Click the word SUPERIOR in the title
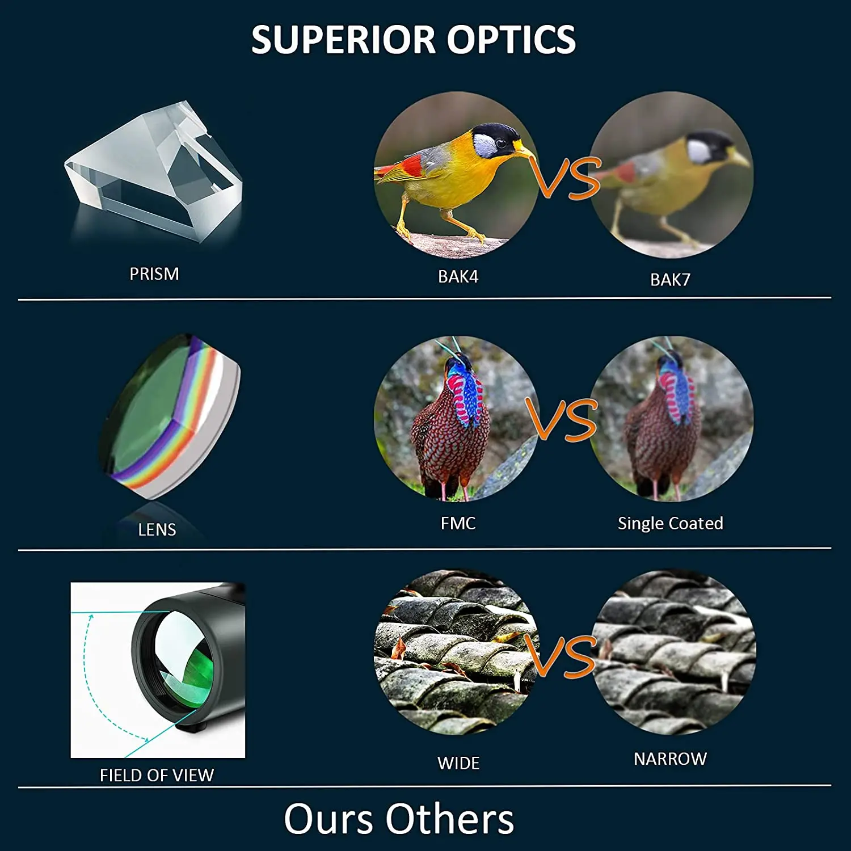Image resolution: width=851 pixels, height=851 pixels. (344, 40)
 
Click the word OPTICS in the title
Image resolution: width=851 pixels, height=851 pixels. (511, 40)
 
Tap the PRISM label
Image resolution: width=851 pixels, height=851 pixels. (154, 274)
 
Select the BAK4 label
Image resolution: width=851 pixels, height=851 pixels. (458, 276)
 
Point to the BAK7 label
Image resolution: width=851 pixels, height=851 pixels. (670, 280)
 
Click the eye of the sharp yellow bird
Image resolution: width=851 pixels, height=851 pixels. (502, 143)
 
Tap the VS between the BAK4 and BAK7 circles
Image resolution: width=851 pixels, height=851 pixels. (566, 178)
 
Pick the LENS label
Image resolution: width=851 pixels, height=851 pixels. (157, 530)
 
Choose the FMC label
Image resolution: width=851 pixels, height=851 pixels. (458, 523)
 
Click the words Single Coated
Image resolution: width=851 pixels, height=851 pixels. (670, 523)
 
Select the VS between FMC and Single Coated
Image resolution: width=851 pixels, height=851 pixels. (562, 420)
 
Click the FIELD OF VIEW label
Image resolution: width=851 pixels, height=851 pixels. (157, 776)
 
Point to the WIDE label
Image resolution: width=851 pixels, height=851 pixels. (458, 764)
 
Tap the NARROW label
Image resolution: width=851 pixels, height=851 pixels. (670, 759)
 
